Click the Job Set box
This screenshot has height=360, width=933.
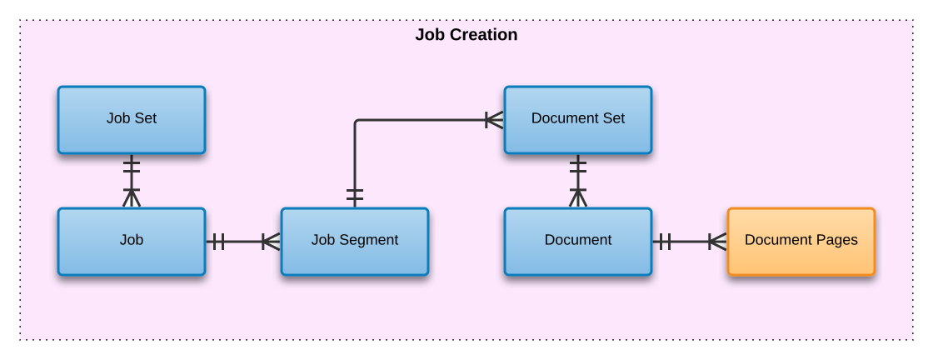pos(132,120)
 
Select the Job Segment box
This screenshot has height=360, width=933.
pos(355,242)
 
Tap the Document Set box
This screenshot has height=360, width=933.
pos(578,120)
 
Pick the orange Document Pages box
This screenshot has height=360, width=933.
pos(801,242)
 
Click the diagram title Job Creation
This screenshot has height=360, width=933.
pos(466,35)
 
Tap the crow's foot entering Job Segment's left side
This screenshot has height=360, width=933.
pos(271,242)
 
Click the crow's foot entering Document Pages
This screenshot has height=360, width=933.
pos(717,242)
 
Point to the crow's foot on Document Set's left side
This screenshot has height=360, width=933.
pos(494,120)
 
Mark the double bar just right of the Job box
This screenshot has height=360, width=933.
pos(217,242)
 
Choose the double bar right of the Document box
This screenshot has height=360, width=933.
pos(664,242)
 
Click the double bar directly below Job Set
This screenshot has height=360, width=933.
pos(132,167)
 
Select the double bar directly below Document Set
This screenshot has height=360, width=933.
pos(578,167)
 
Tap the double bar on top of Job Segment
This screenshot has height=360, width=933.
pos(355,197)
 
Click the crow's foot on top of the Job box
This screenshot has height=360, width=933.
pos(132,197)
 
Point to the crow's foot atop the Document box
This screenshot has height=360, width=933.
pos(578,197)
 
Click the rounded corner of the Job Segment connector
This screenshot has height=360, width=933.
pos(358,123)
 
